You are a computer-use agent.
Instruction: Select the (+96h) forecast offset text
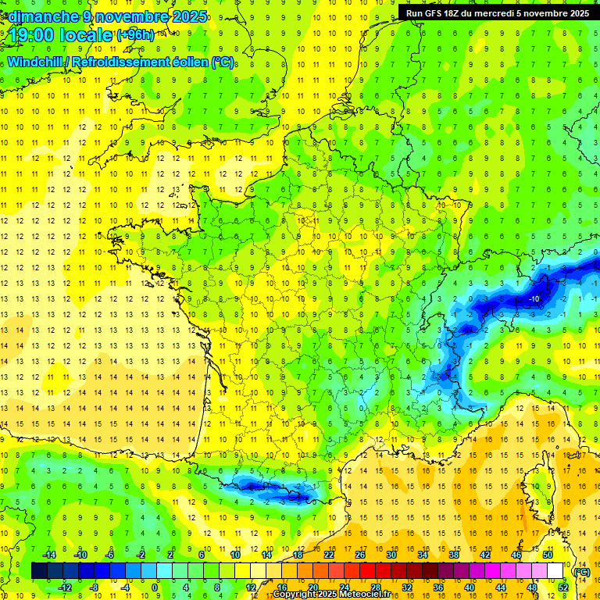135,35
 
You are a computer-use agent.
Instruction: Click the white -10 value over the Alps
534,299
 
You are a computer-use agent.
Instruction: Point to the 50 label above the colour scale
547,555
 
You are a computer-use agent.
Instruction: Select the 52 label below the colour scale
562,587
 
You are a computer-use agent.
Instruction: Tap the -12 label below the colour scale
65,587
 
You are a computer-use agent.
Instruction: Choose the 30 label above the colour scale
391,555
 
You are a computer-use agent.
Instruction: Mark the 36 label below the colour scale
437,587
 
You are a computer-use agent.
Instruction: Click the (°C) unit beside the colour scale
581,571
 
